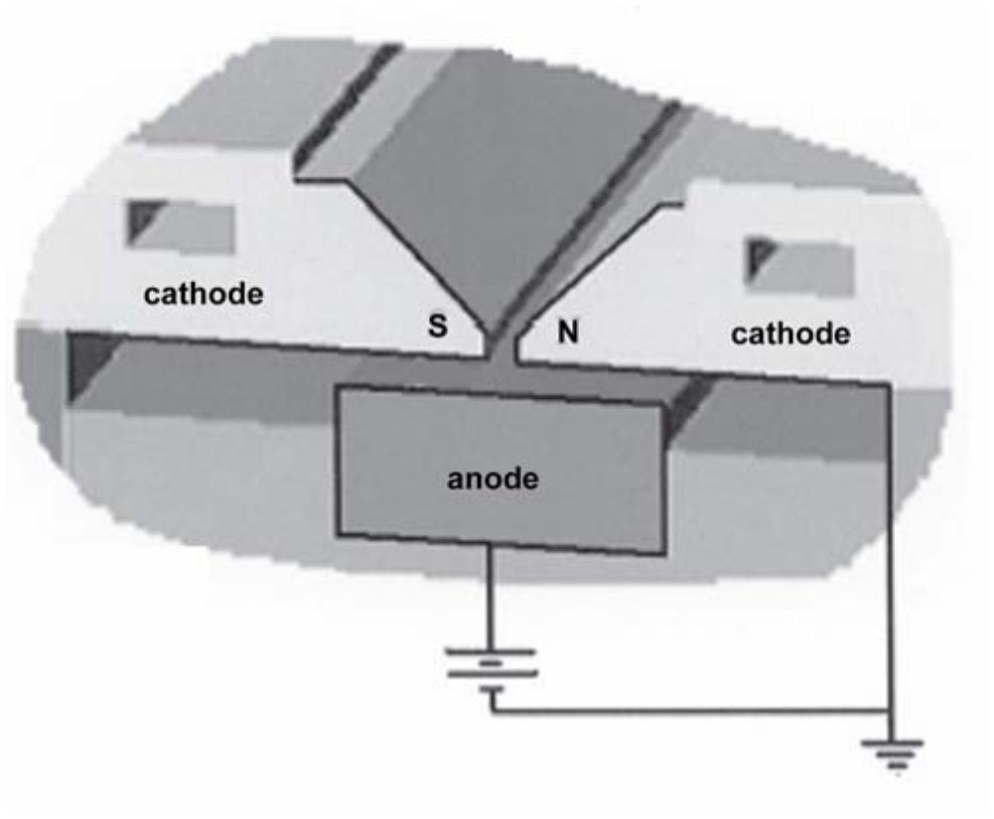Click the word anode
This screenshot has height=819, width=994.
click(493, 479)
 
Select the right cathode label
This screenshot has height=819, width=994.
click(790, 334)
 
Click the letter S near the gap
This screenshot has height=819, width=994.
click(437, 328)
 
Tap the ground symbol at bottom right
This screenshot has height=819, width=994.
click(898, 752)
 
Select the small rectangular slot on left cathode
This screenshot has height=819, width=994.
click(180, 226)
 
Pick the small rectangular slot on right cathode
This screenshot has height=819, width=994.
click(800, 265)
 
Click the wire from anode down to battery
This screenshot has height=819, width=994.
click(490, 596)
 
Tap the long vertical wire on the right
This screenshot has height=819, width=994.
click(890, 556)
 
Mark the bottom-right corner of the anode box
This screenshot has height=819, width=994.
click(663, 552)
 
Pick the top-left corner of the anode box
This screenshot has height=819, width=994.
click(339, 388)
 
